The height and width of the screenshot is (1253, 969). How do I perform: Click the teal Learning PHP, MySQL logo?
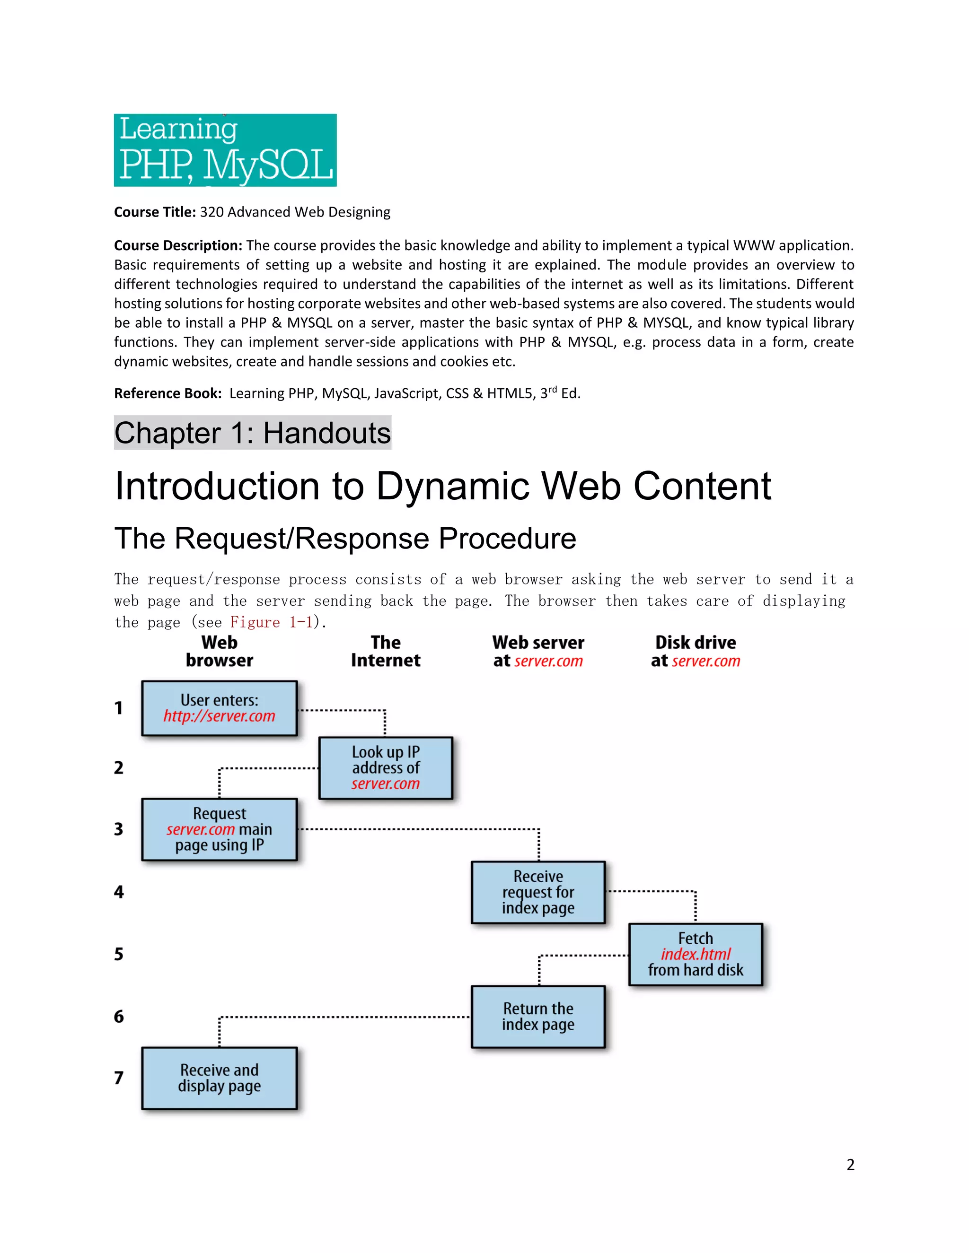tap(225, 150)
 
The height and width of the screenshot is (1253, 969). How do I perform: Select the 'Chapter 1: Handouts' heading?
tap(253, 433)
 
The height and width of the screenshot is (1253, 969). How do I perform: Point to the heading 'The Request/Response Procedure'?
tap(345, 539)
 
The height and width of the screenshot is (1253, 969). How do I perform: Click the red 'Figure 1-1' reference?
tap(271, 623)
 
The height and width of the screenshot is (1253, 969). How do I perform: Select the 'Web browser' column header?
tap(219, 651)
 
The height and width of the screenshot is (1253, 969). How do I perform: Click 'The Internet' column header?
tap(385, 651)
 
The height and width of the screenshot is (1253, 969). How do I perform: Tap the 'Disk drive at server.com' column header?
tap(695, 651)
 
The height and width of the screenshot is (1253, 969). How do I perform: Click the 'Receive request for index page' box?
tap(538, 892)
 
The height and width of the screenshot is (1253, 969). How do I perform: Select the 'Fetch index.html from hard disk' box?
tap(695, 954)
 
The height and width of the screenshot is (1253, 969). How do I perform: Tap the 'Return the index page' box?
tap(538, 1017)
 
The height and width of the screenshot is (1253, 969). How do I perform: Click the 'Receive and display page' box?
tap(219, 1078)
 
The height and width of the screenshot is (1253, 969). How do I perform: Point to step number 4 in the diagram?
tap(119, 892)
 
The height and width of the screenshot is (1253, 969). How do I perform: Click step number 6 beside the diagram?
tap(119, 1017)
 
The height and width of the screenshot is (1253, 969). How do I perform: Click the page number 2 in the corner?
tap(850, 1165)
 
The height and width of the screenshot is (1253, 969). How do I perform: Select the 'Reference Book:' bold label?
tap(167, 393)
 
